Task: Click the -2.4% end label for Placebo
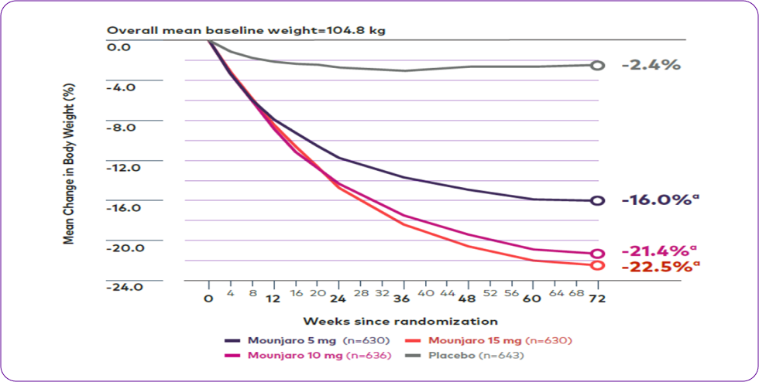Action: coord(651,65)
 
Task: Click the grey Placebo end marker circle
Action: coord(596,66)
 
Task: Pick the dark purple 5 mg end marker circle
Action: coord(596,201)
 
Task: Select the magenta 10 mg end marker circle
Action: coord(596,254)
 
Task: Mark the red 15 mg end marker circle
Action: coord(596,265)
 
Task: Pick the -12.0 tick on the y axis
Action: coord(126,167)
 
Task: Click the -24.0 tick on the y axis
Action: coord(126,287)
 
